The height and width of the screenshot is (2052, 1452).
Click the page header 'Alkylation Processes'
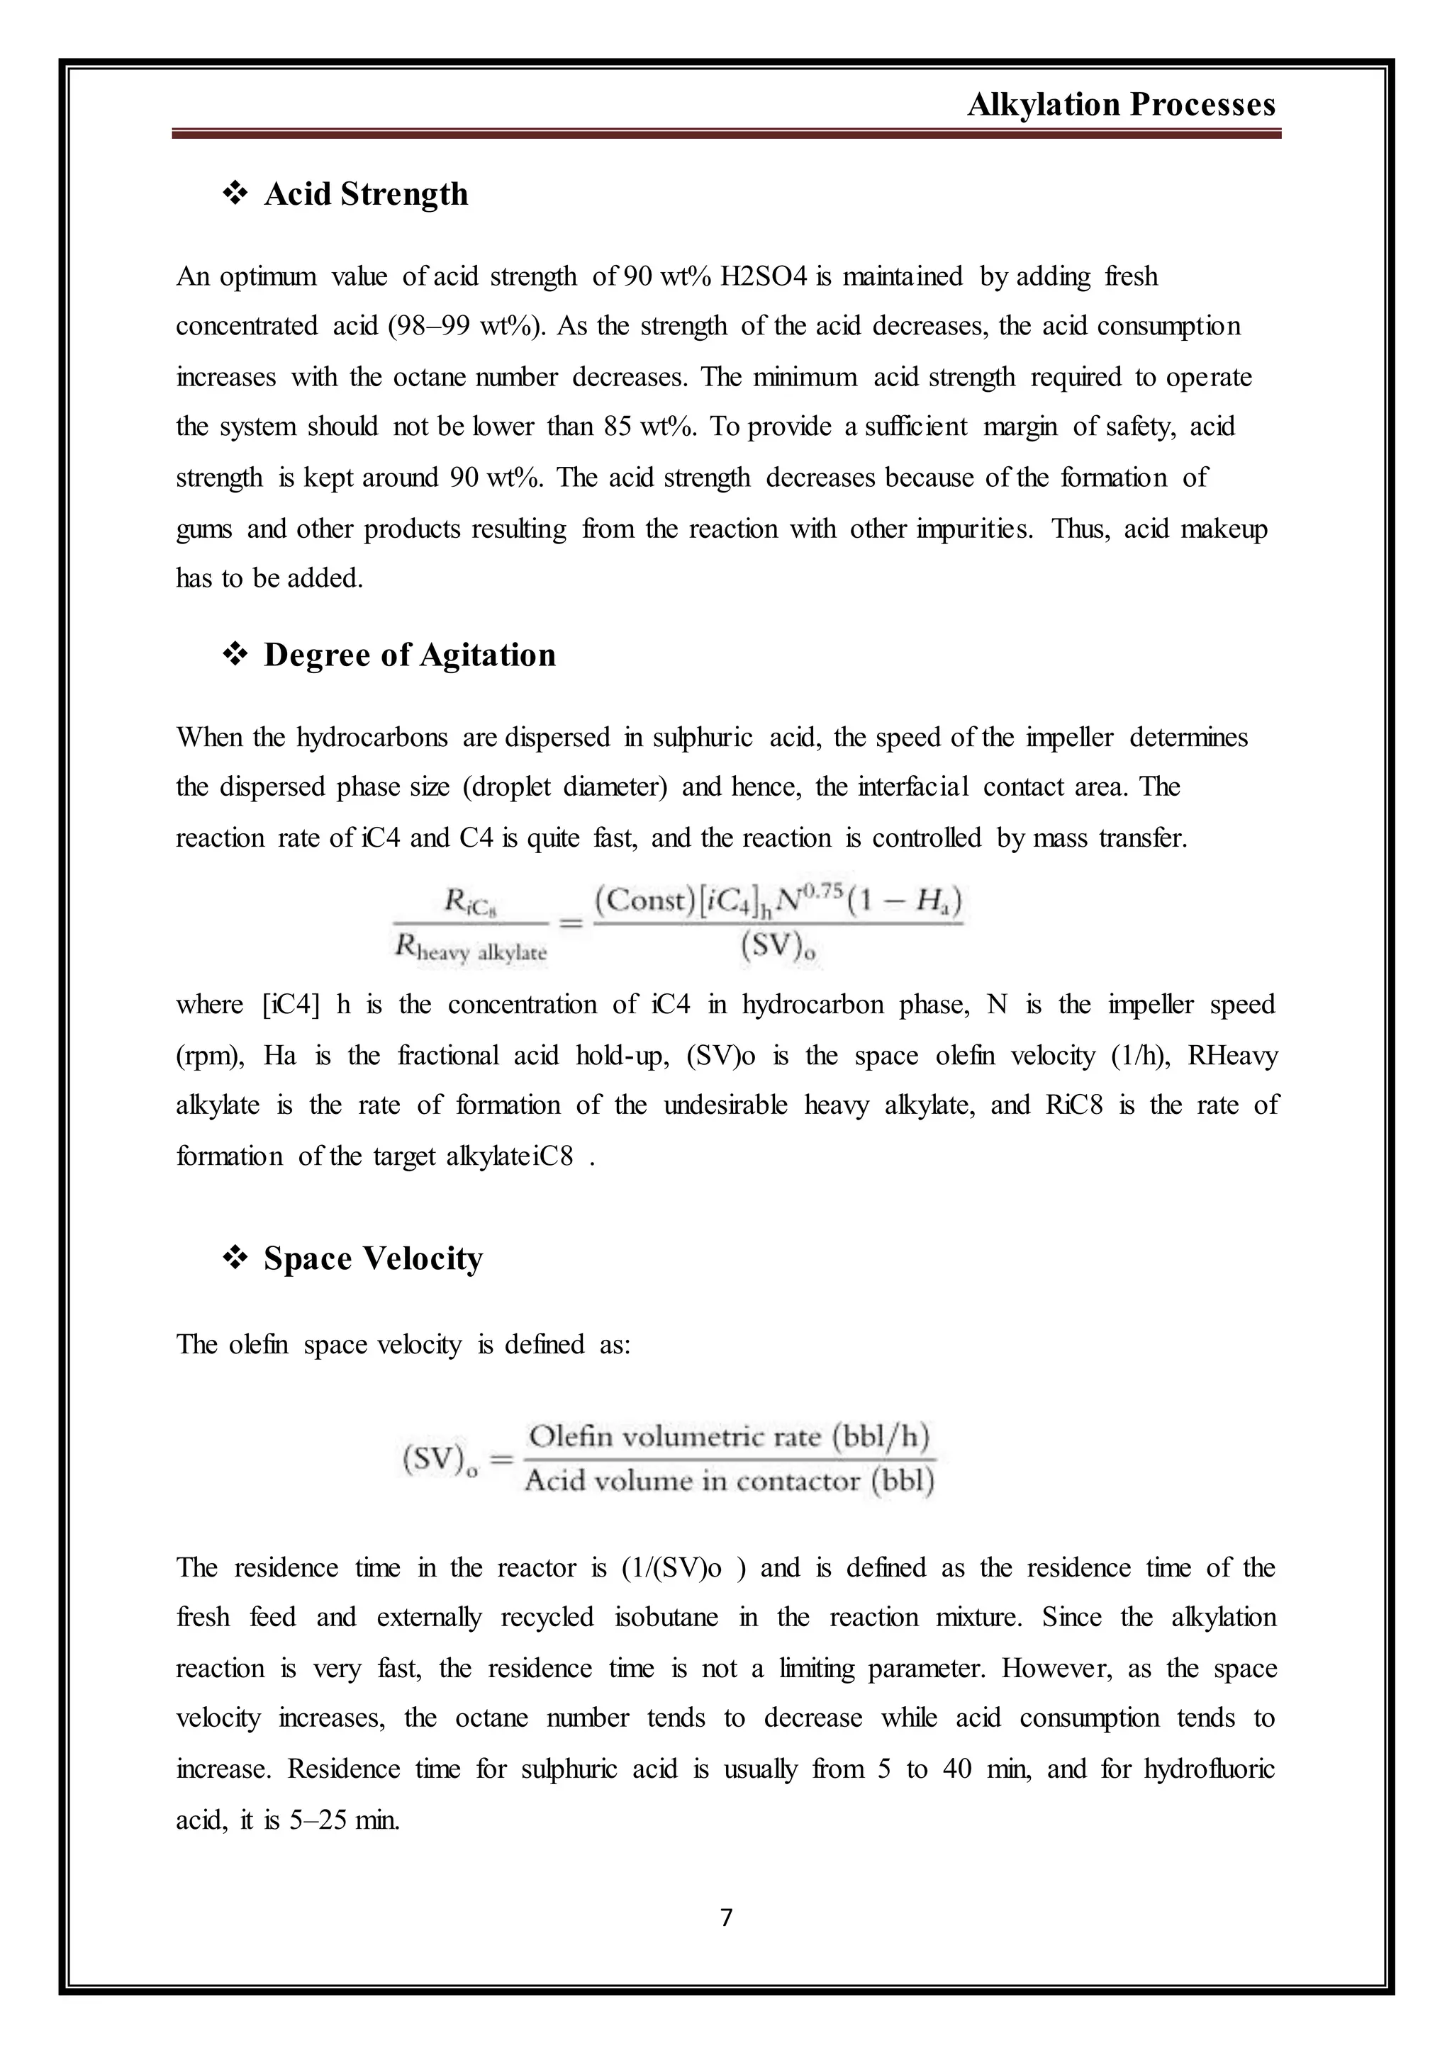(x=1121, y=106)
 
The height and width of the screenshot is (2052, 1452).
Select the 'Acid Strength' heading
(x=366, y=194)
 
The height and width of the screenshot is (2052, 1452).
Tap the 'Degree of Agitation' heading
(x=410, y=655)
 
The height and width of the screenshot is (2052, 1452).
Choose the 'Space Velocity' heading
(x=373, y=1258)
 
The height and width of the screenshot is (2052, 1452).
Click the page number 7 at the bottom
(x=726, y=1917)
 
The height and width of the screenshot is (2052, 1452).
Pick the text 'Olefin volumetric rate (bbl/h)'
(x=729, y=1436)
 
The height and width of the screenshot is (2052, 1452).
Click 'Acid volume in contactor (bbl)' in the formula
(x=729, y=1481)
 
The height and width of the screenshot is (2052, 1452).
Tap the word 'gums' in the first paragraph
(x=204, y=529)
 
